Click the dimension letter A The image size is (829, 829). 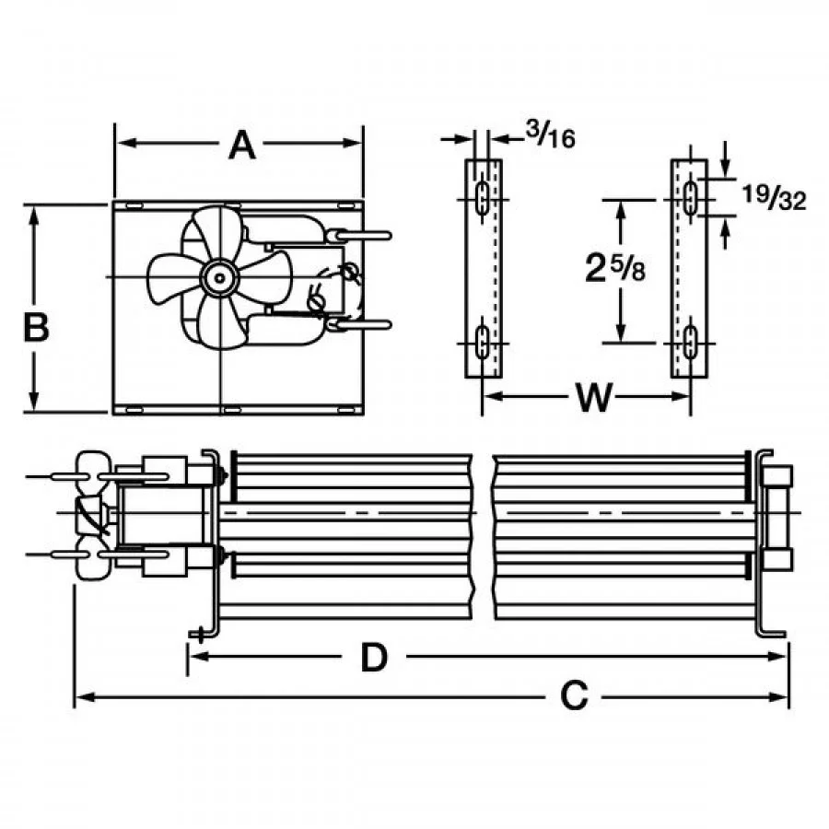point(241,145)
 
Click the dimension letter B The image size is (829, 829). point(35,327)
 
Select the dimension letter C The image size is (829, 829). point(574,697)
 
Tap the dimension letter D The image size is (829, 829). point(373,658)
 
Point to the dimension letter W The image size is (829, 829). point(593,398)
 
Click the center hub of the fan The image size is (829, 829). point(219,277)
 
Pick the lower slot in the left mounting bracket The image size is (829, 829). point(482,343)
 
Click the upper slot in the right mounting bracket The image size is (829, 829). point(689,199)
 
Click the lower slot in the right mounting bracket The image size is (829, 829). point(689,343)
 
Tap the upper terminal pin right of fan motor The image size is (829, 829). point(368,236)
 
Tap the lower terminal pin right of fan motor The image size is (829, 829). point(368,323)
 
